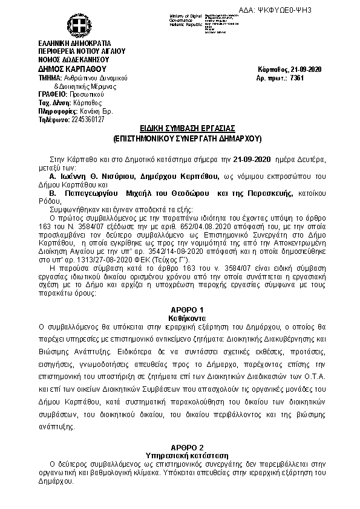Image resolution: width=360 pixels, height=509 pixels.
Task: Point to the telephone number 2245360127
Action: [x=88, y=119]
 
